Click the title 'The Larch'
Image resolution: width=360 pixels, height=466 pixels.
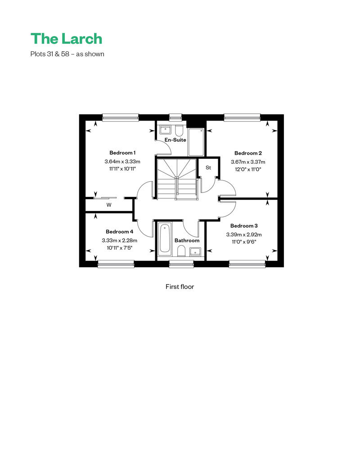click(x=66, y=39)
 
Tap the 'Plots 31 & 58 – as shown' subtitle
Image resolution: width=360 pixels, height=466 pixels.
click(x=67, y=54)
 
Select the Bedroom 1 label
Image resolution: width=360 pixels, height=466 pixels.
click(x=122, y=153)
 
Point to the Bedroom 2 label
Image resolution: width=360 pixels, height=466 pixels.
click(x=248, y=153)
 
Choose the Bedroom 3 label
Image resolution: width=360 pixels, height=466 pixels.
click(x=244, y=226)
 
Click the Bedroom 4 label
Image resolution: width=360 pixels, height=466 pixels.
click(x=120, y=232)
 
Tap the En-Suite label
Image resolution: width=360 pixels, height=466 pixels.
click(x=175, y=140)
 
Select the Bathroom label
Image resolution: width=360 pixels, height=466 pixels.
click(x=187, y=241)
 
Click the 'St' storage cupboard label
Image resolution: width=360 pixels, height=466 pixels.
click(x=208, y=168)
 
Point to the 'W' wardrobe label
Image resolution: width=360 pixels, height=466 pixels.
click(x=109, y=205)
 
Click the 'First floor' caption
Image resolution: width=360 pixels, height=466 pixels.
click(x=180, y=287)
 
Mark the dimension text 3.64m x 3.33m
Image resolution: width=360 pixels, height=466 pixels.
click(x=122, y=161)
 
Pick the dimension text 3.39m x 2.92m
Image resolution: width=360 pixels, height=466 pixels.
click(x=244, y=235)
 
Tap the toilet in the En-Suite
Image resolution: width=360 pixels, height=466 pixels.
click(x=179, y=130)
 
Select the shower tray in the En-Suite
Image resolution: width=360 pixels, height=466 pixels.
click(x=196, y=142)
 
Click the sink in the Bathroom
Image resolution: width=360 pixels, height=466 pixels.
click(x=195, y=252)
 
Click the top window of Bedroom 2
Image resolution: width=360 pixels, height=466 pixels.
click(x=242, y=117)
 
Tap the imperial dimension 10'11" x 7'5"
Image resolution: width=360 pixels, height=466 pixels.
click(x=120, y=248)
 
